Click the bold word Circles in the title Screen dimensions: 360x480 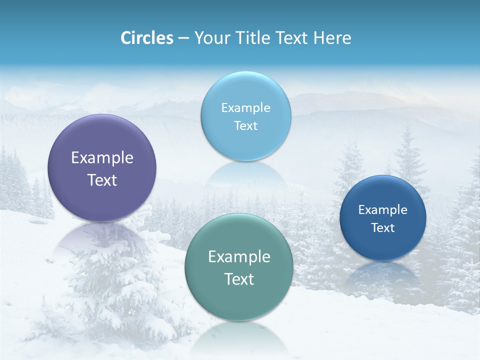point(146,38)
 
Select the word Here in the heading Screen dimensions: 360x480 point(332,38)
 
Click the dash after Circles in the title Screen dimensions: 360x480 point(183,38)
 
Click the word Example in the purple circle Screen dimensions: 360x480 point(102,158)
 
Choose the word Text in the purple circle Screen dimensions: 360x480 point(102,180)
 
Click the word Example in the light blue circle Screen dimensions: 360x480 point(245,108)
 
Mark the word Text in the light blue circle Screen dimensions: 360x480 point(245,126)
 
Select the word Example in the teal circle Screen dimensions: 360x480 point(239,257)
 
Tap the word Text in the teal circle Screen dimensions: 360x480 point(239,279)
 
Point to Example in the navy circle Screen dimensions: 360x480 point(382,210)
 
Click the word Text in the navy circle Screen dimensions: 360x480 point(382,228)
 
